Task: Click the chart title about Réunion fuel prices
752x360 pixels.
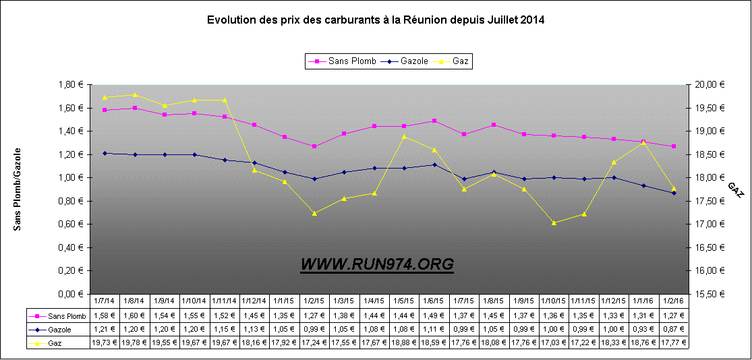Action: tap(376, 20)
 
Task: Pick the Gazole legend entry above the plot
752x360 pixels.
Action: tap(408, 61)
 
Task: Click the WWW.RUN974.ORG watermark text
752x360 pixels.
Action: tap(377, 265)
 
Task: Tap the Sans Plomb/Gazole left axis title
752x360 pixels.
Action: tap(18, 189)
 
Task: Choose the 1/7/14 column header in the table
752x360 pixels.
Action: tap(105, 301)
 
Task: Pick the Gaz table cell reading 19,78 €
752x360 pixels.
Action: tap(134, 342)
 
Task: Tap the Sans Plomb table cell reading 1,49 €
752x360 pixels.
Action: tap(433, 316)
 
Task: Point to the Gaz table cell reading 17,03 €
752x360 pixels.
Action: tap(553, 342)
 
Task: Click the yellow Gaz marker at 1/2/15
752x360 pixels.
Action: tap(314, 213)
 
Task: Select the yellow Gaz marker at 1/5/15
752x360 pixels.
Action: tap(404, 136)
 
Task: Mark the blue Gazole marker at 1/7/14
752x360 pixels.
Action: tap(105, 153)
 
